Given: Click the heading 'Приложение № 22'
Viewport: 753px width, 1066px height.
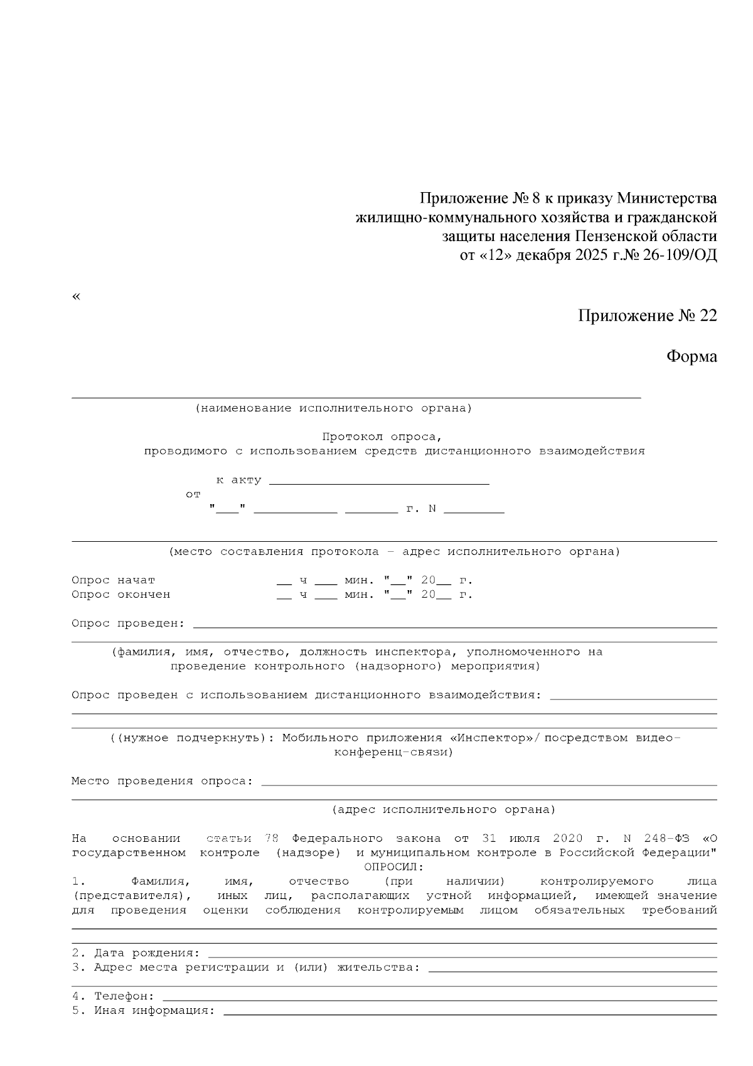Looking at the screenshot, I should [x=647, y=316].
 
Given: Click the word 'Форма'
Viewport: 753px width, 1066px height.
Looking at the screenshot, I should [x=691, y=357].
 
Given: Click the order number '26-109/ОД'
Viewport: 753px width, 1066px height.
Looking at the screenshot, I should [x=680, y=256].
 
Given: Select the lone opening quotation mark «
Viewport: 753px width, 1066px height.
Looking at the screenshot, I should [x=77, y=296].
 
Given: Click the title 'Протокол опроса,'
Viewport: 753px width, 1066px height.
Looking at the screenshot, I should [x=382, y=436].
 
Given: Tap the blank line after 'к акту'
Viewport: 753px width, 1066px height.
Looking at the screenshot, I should [x=379, y=482].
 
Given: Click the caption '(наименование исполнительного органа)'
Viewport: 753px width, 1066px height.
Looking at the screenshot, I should [x=333, y=409].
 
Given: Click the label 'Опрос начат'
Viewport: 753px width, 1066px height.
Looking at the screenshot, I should [x=113, y=581].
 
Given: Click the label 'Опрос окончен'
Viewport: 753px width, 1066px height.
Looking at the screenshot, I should [x=120, y=595].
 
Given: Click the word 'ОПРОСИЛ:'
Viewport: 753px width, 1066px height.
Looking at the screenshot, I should [x=394, y=867].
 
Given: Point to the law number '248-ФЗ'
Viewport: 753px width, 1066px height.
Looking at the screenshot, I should [x=666, y=839].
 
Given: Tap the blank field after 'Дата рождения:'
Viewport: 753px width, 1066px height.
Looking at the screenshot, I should [x=461, y=954].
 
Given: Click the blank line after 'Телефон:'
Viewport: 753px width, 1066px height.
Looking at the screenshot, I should [x=439, y=997].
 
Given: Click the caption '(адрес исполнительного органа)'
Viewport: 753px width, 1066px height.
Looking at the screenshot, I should [x=444, y=810].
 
